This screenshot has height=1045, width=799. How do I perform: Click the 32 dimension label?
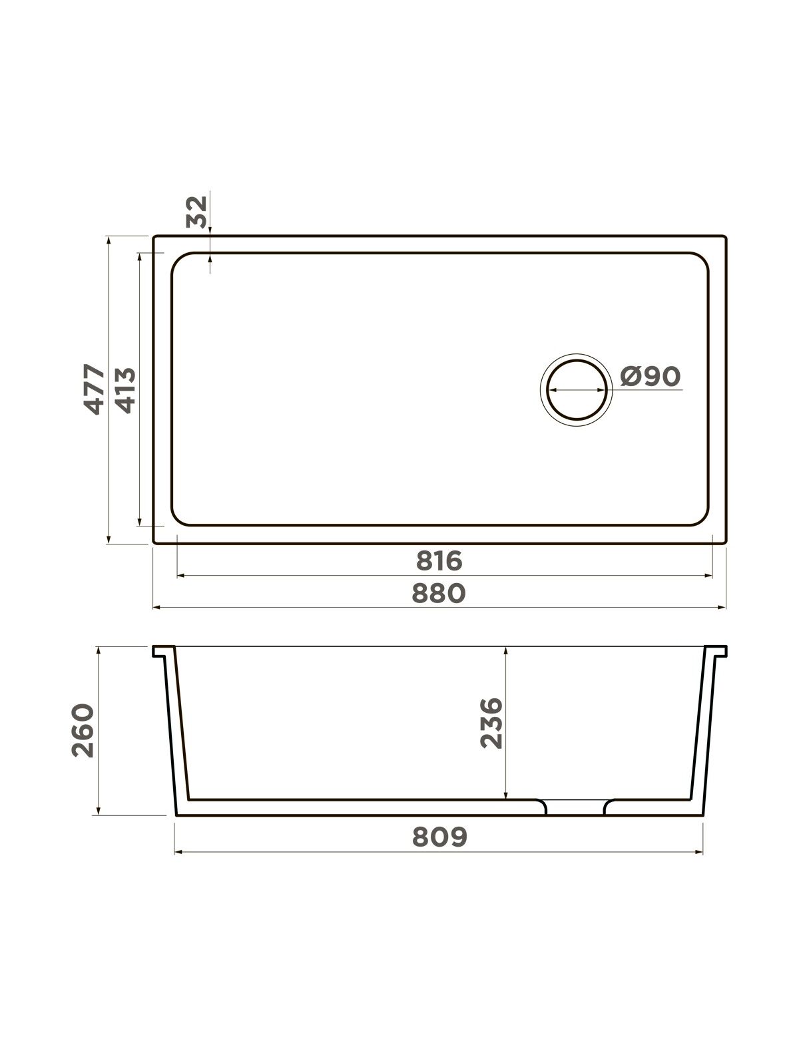pos(197,212)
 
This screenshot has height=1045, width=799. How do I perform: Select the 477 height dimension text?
pos(94,389)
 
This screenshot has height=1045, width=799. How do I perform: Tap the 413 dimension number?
pos(127,390)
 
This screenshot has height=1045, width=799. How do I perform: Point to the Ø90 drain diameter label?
pos(651,377)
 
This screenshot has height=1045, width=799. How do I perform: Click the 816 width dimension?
pos(439,561)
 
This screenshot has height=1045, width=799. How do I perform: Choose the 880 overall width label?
pos(439,593)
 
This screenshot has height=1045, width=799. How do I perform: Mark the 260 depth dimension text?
pos(83,730)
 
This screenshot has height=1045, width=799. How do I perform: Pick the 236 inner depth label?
pos(491,723)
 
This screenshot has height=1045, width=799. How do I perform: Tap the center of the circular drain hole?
pos(576,389)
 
